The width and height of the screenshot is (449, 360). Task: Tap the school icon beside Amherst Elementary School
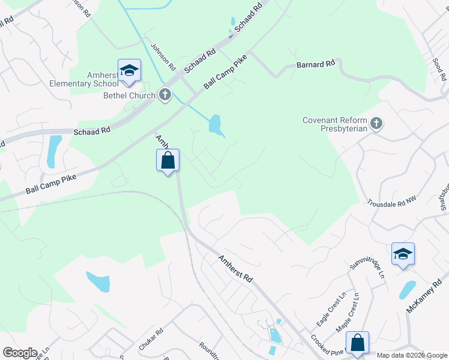coord(129,71)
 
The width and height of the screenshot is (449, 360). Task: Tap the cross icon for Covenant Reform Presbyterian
coord(376,124)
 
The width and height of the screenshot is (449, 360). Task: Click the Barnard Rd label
coord(315,64)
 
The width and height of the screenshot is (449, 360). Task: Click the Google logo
coord(20,353)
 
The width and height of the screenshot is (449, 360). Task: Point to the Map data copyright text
coord(412,355)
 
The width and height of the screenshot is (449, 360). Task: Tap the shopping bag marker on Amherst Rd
coord(168,161)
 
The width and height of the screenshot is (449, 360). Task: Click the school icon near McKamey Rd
coord(403,254)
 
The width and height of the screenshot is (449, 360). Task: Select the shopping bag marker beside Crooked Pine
coord(357,343)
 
